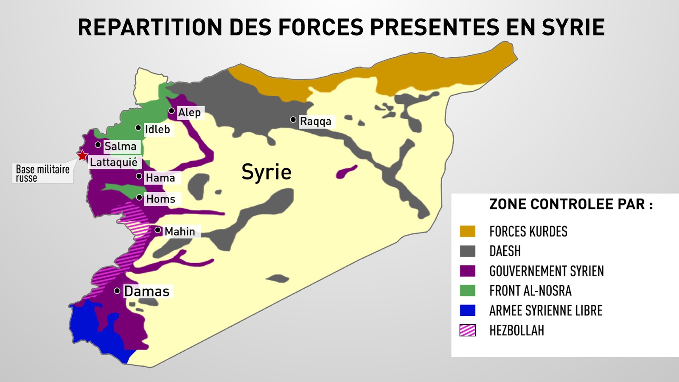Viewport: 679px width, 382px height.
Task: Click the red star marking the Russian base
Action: click(82, 155)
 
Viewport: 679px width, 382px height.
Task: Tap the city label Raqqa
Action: click(315, 121)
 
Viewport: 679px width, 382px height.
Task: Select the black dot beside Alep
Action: click(171, 111)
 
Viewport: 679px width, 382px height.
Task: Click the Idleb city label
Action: click(157, 129)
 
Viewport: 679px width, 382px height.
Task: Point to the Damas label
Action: click(147, 292)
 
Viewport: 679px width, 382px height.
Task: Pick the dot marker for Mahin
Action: click(158, 230)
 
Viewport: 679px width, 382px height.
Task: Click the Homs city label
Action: click(161, 199)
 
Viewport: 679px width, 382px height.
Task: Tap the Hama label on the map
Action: click(160, 178)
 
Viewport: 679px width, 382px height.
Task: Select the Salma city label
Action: click(121, 146)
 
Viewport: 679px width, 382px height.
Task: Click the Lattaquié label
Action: click(114, 162)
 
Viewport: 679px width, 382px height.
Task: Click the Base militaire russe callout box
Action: click(42, 173)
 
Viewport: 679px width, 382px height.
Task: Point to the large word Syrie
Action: click(267, 172)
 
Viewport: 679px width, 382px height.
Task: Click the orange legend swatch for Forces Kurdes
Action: click(468, 231)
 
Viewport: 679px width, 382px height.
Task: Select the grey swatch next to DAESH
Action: click(468, 251)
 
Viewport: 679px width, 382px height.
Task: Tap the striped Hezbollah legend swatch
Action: click(468, 330)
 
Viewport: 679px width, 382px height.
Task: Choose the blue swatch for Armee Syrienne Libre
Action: click(468, 310)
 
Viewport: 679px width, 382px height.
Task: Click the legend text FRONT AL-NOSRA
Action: click(530, 291)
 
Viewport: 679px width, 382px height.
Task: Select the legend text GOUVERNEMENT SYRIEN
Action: click(547, 271)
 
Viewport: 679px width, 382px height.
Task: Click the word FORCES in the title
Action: click(321, 27)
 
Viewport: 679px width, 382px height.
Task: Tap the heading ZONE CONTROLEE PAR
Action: click(571, 204)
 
